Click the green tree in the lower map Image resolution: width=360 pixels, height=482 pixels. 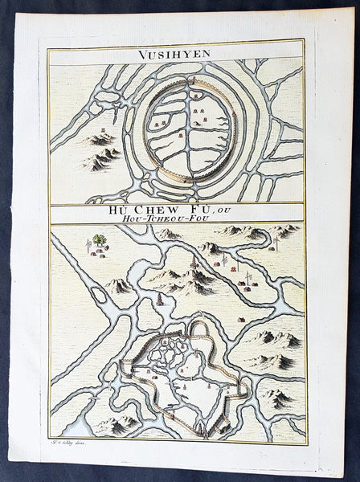point(98,239)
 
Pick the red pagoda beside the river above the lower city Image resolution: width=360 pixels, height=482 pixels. point(160,300)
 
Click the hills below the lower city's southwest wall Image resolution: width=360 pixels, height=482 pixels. point(117,423)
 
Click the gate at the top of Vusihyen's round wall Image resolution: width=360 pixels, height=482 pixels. point(193,80)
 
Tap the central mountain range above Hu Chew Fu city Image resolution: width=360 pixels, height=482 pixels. point(185,277)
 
